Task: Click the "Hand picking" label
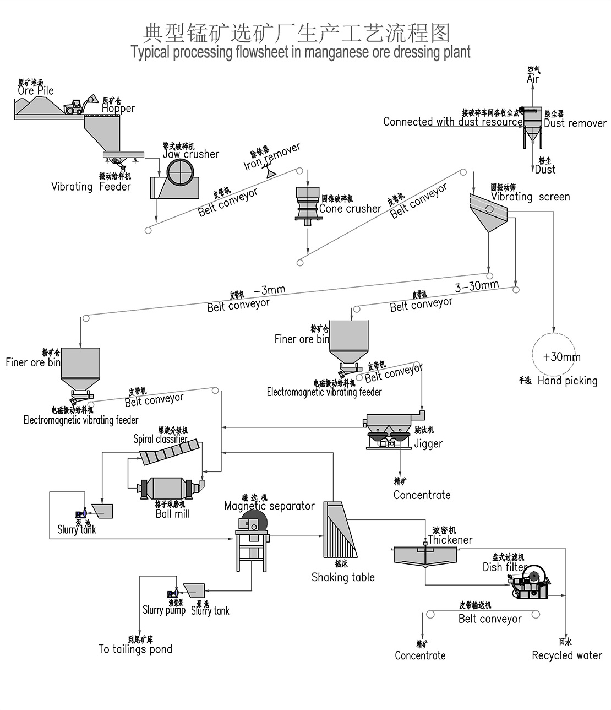click(567, 381)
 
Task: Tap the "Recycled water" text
click(566, 655)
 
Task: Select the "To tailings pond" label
click(135, 649)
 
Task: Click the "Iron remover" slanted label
click(272, 157)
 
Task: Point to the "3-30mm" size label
click(477, 286)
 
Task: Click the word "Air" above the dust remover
click(533, 79)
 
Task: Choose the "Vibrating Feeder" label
click(91, 187)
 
